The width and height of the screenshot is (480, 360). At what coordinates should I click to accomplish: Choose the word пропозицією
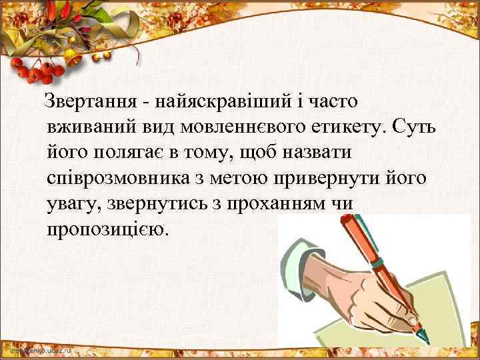point(109,229)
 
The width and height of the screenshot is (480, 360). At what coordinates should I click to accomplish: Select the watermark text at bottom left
point(40,349)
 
